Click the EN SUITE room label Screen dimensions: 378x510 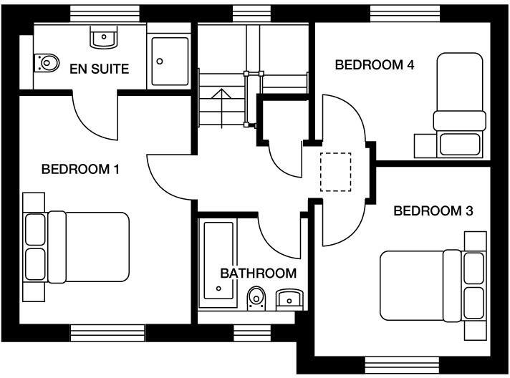click(99, 69)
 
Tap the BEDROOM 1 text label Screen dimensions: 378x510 click(80, 170)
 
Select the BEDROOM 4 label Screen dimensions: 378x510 click(375, 65)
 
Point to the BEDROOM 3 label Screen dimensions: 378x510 click(433, 211)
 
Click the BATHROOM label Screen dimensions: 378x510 click(258, 273)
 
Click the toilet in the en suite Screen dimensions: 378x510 click(46, 63)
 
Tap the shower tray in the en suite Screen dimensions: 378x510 click(170, 62)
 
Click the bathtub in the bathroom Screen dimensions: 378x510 click(218, 261)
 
